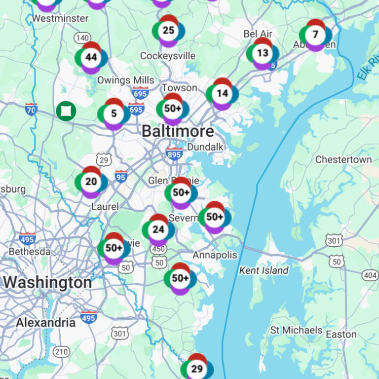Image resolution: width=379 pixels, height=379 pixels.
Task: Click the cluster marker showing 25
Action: click(x=168, y=31)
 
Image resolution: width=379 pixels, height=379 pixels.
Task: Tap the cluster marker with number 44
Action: click(x=91, y=57)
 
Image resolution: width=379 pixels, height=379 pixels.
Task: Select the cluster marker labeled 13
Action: click(x=263, y=53)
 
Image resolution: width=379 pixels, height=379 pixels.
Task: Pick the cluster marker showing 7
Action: click(x=315, y=35)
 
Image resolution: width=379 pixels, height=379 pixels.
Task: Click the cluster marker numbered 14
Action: click(x=222, y=93)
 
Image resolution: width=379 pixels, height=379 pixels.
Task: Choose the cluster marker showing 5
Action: click(x=114, y=114)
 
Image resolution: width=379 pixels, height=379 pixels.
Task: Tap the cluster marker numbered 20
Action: click(x=91, y=182)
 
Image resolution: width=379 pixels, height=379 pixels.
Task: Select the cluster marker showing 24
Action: click(x=158, y=229)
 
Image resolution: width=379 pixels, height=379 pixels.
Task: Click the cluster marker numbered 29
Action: click(x=197, y=369)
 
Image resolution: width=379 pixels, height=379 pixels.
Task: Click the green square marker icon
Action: click(x=66, y=111)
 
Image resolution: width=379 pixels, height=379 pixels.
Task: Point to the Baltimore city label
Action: click(x=178, y=131)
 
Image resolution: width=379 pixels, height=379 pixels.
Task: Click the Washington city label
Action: click(x=47, y=283)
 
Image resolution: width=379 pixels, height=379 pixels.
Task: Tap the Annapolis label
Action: click(x=215, y=255)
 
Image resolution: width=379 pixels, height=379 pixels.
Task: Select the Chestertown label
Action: click(x=343, y=159)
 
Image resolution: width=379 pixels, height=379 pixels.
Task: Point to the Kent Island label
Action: click(x=264, y=270)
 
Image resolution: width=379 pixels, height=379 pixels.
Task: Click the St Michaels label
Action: click(x=296, y=330)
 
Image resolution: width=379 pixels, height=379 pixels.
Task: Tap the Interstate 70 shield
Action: click(x=31, y=108)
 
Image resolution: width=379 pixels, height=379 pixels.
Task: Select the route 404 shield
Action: click(x=370, y=275)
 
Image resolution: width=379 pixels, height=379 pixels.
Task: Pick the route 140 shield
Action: click(x=82, y=38)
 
